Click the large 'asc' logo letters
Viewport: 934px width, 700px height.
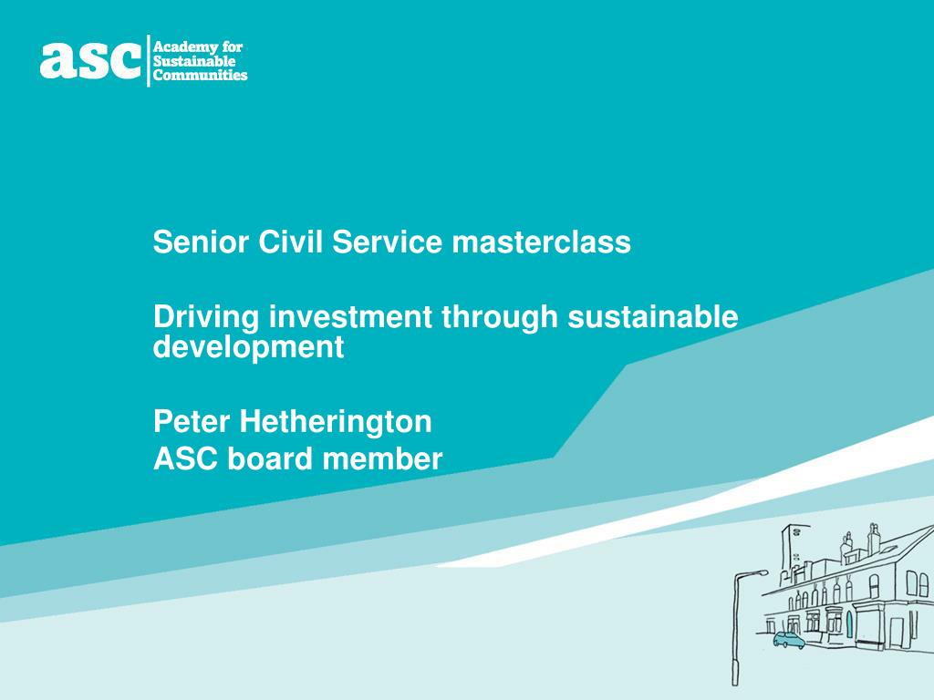(90, 60)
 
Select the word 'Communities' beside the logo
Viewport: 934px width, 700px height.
(200, 76)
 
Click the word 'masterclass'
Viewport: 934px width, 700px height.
(541, 242)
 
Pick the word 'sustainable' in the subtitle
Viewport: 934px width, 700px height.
(653, 317)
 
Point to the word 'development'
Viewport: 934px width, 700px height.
(248, 347)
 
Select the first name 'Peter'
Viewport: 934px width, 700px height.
(192, 421)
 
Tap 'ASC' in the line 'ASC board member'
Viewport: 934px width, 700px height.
(186, 459)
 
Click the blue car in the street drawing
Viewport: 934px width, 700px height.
(789, 640)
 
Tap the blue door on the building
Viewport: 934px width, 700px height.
(848, 624)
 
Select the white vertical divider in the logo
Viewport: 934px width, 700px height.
(148, 60)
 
